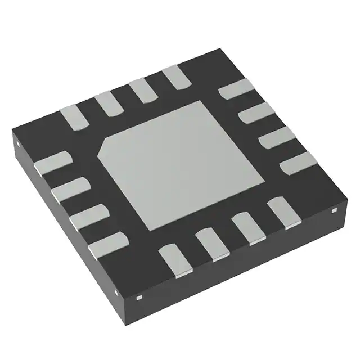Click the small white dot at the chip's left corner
(x=17, y=143)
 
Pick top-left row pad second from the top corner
(x=141, y=91)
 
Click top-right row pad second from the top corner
(x=256, y=113)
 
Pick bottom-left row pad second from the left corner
(x=70, y=188)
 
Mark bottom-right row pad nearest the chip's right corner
(x=283, y=213)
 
